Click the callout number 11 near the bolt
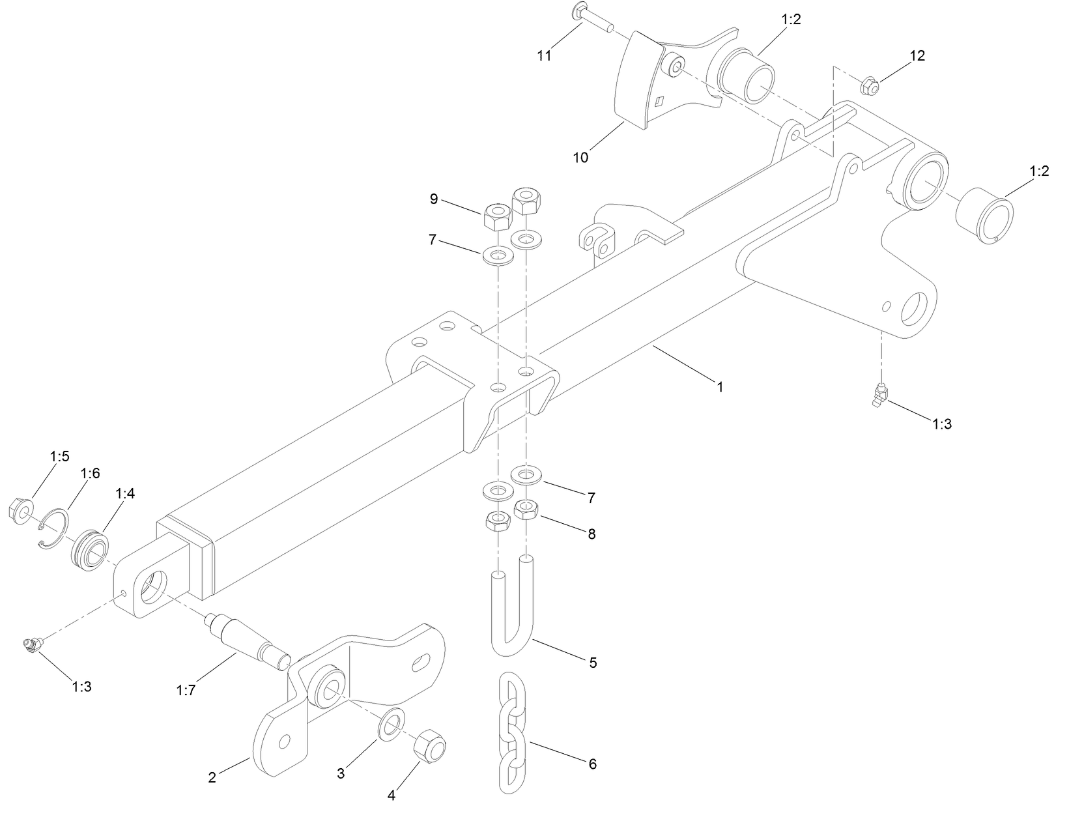(544, 56)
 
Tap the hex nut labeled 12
(870, 85)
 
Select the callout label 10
(580, 158)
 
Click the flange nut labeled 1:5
(18, 509)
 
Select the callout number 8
(592, 534)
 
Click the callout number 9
(434, 199)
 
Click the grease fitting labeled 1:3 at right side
(880, 395)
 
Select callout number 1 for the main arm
(720, 386)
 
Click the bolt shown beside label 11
(592, 18)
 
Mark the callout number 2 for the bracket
(212, 777)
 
